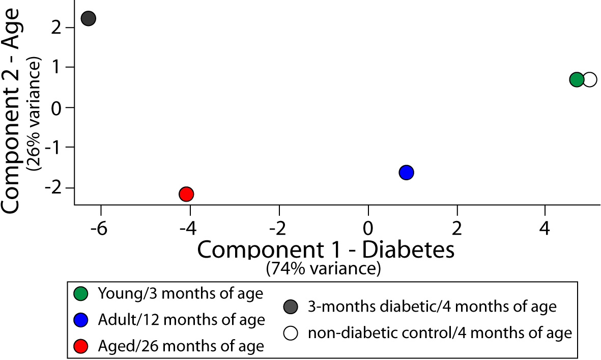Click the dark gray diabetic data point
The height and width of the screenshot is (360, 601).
[x=89, y=19]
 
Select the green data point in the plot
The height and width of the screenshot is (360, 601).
[x=577, y=79]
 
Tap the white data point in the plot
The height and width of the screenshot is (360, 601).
[x=590, y=79]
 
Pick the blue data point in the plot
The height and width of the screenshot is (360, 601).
[x=406, y=173]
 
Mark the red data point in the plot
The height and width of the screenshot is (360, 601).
[x=186, y=194]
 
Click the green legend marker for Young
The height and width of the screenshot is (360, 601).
[x=81, y=294]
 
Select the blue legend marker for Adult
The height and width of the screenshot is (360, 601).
[x=81, y=320]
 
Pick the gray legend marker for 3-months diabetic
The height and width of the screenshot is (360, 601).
[x=291, y=307]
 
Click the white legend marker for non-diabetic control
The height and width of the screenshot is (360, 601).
[x=291, y=334]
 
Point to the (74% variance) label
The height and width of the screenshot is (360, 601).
[x=323, y=268]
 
